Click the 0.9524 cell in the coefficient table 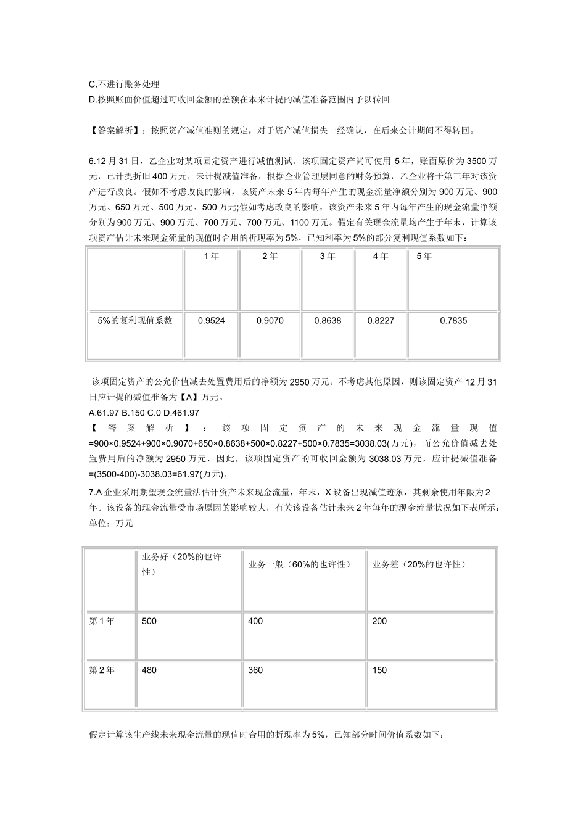pyautogui.click(x=211, y=321)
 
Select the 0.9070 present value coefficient pyautogui.click(x=270, y=321)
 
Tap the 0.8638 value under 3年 pyautogui.click(x=327, y=321)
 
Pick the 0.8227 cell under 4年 pyautogui.click(x=380, y=321)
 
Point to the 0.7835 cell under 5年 pyautogui.click(x=453, y=321)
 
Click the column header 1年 pyautogui.click(x=211, y=256)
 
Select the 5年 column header pyautogui.click(x=424, y=256)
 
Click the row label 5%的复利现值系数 pyautogui.click(x=135, y=321)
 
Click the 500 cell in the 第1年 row pyautogui.click(x=149, y=621)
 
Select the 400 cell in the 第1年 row pyautogui.click(x=255, y=621)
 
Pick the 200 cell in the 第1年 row pyautogui.click(x=380, y=621)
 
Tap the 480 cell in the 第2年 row pyautogui.click(x=149, y=670)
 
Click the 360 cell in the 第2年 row pyautogui.click(x=255, y=670)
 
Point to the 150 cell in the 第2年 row pyautogui.click(x=380, y=670)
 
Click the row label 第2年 pyautogui.click(x=102, y=670)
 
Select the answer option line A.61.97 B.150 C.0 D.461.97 pyautogui.click(x=144, y=413)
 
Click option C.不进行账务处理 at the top pyautogui.click(x=124, y=85)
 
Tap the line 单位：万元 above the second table pyautogui.click(x=111, y=523)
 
